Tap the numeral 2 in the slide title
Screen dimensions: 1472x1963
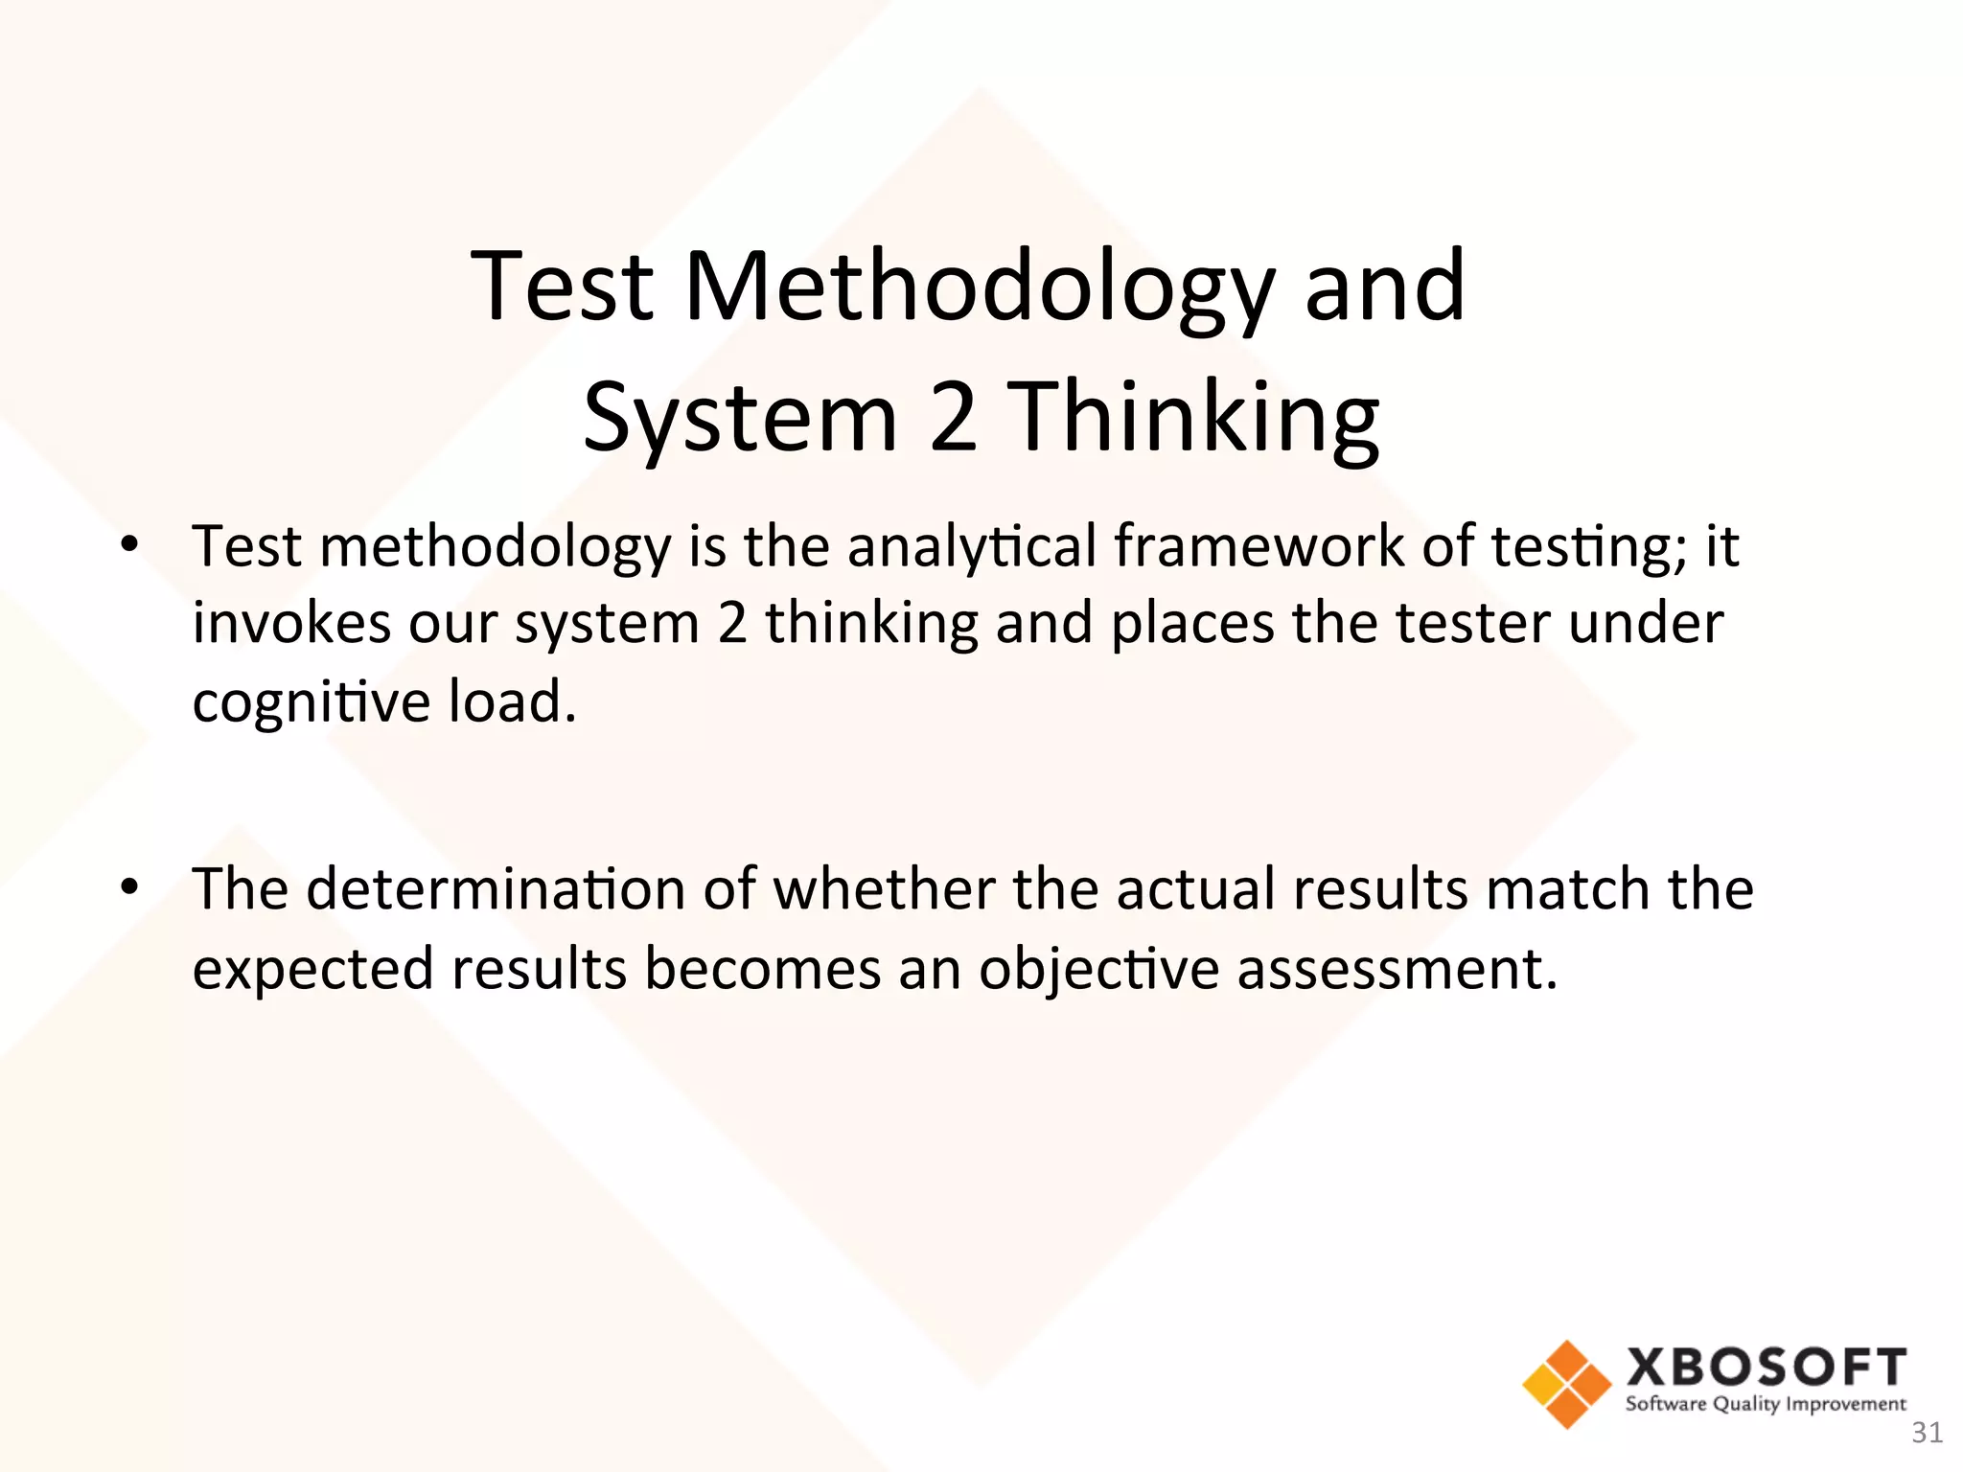pyautogui.click(x=953, y=417)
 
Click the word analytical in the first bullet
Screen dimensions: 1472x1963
pyautogui.click(x=971, y=546)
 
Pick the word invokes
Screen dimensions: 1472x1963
pyautogui.click(x=291, y=623)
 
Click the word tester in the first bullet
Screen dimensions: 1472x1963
pyautogui.click(x=1472, y=623)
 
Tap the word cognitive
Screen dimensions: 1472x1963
pyautogui.click(x=312, y=702)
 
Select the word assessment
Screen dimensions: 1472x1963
pyautogui.click(x=1396, y=968)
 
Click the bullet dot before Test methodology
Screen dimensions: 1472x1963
pyautogui.click(x=129, y=546)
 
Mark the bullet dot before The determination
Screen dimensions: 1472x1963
pyautogui.click(x=129, y=888)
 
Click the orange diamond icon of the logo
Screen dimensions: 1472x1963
pyautogui.click(x=1566, y=1383)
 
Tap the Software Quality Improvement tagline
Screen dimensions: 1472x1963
pyautogui.click(x=1766, y=1405)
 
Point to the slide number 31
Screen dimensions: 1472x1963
pyautogui.click(x=1927, y=1433)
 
